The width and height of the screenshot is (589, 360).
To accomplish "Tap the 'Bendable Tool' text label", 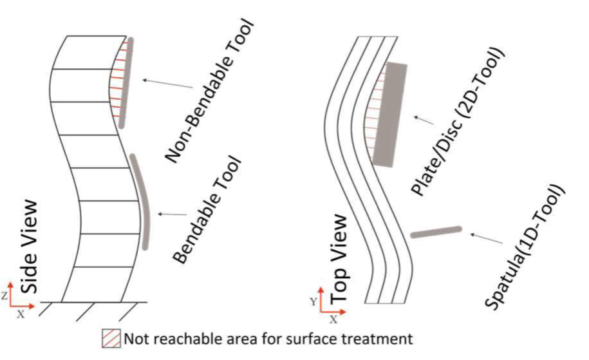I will (207, 210).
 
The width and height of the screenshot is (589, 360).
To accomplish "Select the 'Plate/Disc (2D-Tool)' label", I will (458, 122).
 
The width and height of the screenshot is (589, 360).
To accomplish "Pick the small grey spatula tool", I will (436, 231).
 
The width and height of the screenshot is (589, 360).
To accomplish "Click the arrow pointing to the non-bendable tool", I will (167, 84).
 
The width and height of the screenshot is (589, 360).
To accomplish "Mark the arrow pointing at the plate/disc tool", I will (424, 122).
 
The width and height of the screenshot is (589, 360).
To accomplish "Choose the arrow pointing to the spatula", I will (486, 239).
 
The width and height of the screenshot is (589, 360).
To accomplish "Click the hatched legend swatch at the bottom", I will (111, 337).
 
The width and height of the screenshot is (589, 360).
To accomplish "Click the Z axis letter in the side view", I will (6, 296).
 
